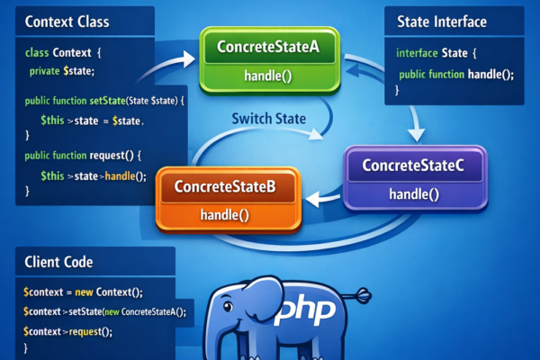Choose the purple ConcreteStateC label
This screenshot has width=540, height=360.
413,166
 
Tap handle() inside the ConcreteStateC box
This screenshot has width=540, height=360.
413,193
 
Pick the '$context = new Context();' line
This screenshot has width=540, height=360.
84,292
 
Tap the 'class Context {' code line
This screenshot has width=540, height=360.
64,53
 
